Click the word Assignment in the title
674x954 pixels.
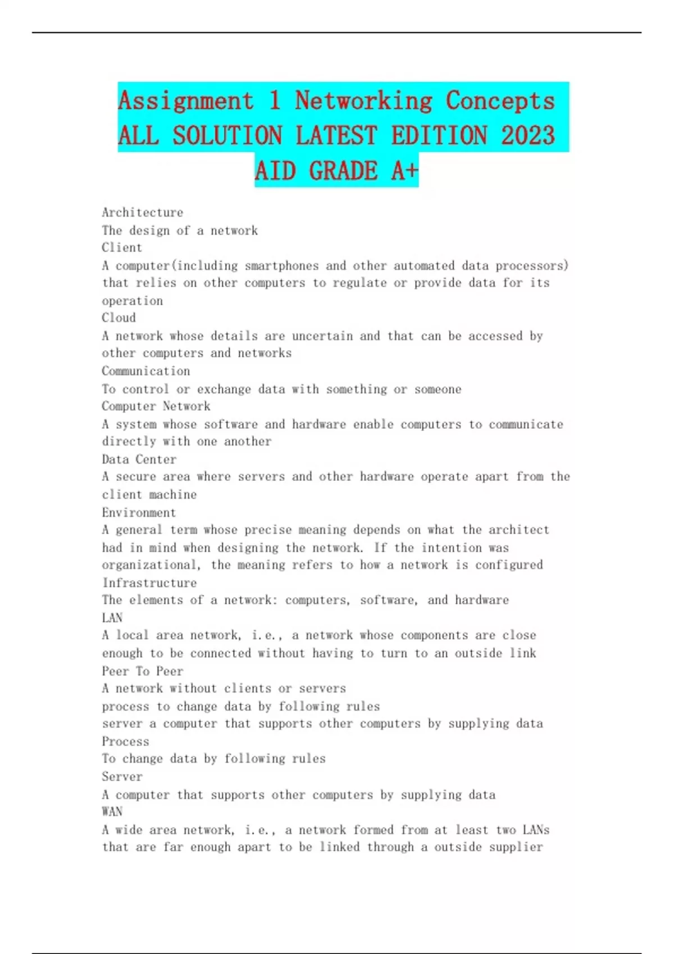tap(186, 101)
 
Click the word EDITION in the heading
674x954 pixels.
tap(439, 136)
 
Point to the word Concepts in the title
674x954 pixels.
tap(500, 101)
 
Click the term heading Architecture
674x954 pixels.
tap(142, 213)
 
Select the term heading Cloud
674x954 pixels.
tap(119, 318)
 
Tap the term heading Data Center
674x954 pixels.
tap(139, 459)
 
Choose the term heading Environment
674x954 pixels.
tap(139, 512)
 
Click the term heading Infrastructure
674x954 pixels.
tap(149, 583)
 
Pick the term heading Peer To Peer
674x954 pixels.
tap(142, 671)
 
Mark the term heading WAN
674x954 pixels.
tap(112, 811)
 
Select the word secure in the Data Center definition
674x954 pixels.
tap(136, 476)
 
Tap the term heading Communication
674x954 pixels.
tap(145, 371)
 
